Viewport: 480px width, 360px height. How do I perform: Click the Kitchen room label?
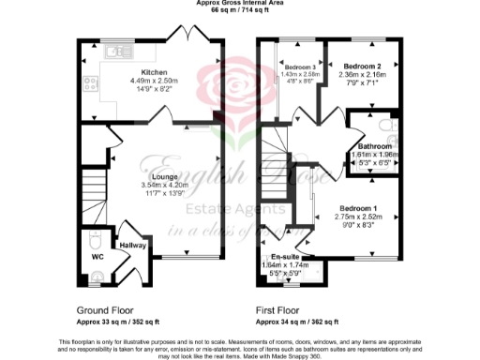pos(154,72)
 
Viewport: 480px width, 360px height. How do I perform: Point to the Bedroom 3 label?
pos(299,67)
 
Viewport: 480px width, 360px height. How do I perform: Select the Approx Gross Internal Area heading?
pos(239,5)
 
